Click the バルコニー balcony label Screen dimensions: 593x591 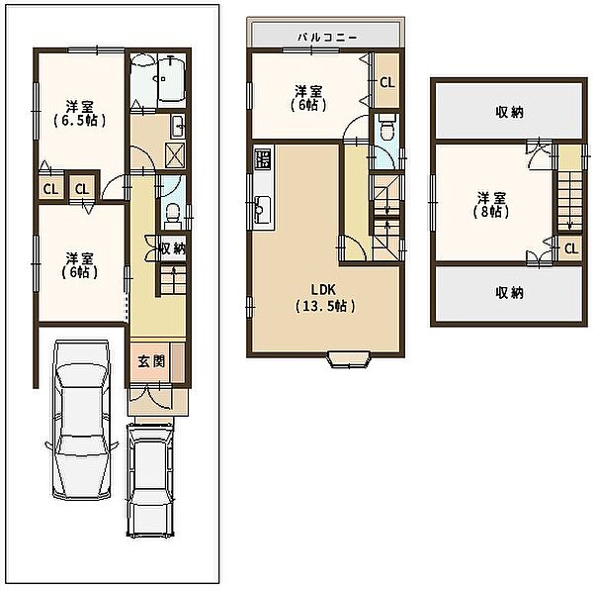(x=327, y=38)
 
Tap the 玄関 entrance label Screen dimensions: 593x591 (x=151, y=361)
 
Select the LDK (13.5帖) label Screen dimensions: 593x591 (x=325, y=298)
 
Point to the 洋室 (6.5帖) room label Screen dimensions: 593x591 (x=79, y=113)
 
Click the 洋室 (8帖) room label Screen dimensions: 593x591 (x=491, y=205)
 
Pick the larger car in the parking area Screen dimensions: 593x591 (x=82, y=420)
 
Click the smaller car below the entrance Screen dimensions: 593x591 (x=150, y=480)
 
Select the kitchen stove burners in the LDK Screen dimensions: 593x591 (x=263, y=158)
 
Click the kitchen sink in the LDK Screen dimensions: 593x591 (x=263, y=210)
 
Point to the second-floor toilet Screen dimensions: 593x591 (x=386, y=129)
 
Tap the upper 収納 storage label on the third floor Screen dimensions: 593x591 (x=509, y=112)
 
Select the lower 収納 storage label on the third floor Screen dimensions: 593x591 (x=509, y=293)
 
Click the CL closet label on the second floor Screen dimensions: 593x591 (x=386, y=82)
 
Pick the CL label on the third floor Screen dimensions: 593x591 (x=571, y=248)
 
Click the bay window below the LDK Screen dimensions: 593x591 (x=349, y=359)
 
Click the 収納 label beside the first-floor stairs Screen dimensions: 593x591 (x=173, y=248)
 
